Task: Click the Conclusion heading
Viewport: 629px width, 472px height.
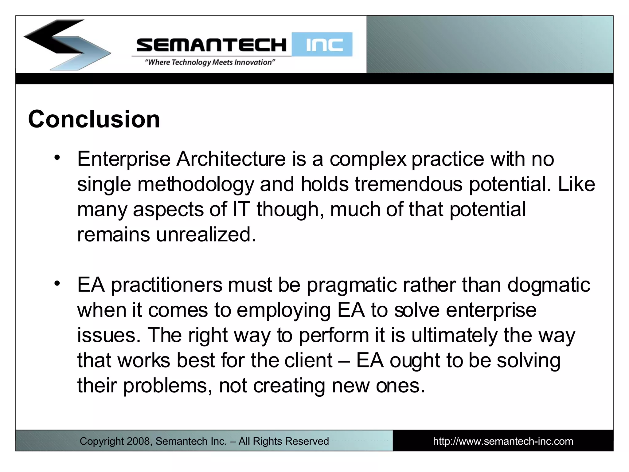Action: (x=94, y=119)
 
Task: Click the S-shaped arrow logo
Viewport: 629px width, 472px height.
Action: (x=66, y=45)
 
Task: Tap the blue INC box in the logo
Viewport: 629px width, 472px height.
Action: (x=322, y=45)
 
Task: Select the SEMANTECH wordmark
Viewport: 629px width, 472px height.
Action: (x=211, y=45)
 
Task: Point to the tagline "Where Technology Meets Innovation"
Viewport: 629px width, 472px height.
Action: (x=210, y=62)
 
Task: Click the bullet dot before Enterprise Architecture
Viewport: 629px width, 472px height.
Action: (x=57, y=158)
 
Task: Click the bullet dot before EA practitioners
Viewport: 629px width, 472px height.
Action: (x=57, y=283)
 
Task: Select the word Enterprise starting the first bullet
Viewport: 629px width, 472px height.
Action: (x=124, y=159)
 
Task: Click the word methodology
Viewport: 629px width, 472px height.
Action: (x=196, y=184)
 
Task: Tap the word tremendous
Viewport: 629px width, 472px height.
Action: (x=408, y=184)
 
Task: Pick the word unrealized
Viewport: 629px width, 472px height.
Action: (x=206, y=235)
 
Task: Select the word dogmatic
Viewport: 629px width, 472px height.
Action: (x=549, y=285)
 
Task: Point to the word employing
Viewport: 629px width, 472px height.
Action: (x=283, y=310)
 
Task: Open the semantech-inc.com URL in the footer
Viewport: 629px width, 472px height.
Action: (x=503, y=441)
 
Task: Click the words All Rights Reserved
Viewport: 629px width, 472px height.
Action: (x=283, y=441)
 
